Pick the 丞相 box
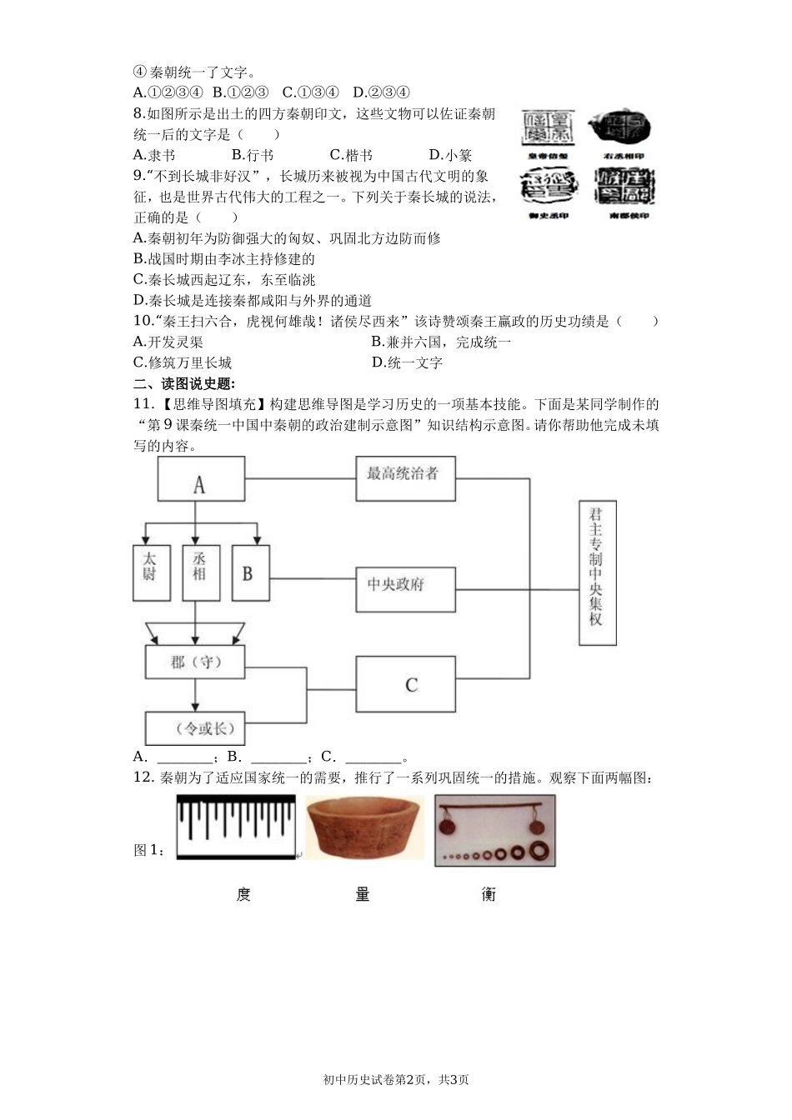(200, 572)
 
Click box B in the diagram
(249, 572)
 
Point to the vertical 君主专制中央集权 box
(597, 574)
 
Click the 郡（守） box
(195, 663)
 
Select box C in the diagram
(405, 684)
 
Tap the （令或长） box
(195, 728)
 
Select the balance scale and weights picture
(494, 830)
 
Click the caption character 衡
(489, 895)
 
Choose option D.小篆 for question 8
(450, 155)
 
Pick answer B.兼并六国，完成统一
(441, 342)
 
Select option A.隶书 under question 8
(154, 155)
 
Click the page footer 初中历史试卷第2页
(395, 1079)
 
